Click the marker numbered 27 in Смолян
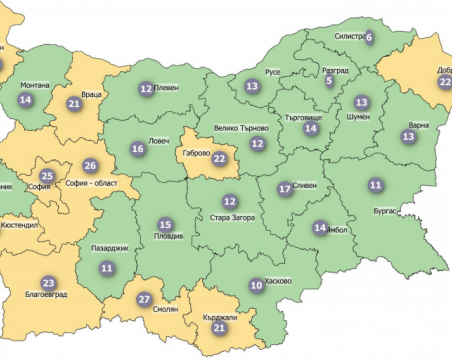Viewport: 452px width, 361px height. click(144, 299)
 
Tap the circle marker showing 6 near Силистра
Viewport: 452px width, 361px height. click(369, 37)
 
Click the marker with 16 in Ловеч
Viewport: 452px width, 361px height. click(138, 149)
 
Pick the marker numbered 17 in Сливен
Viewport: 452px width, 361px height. click(285, 188)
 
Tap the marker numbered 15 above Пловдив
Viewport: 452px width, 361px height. click(166, 225)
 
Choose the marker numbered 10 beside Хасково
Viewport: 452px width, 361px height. click(256, 285)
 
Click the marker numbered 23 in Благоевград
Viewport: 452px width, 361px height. click(48, 282)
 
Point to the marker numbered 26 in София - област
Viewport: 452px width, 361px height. click(91, 165)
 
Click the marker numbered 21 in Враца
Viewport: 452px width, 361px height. click(74, 103)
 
